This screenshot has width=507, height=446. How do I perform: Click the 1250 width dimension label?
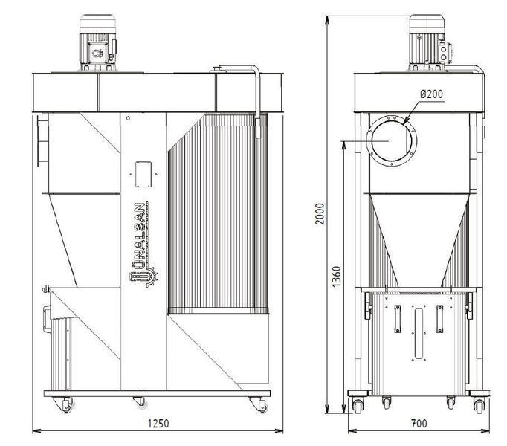158,424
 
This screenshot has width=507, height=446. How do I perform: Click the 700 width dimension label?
419,424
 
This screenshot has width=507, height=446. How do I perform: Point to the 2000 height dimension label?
320,214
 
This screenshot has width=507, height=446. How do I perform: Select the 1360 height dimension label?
336,277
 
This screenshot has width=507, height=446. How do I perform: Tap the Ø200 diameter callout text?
432,94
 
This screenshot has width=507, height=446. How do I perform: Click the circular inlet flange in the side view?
392,141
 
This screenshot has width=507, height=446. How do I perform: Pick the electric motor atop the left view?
97,42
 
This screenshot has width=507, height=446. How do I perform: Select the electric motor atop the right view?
428,42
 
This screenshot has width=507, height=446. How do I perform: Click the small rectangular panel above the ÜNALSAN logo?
143,175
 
